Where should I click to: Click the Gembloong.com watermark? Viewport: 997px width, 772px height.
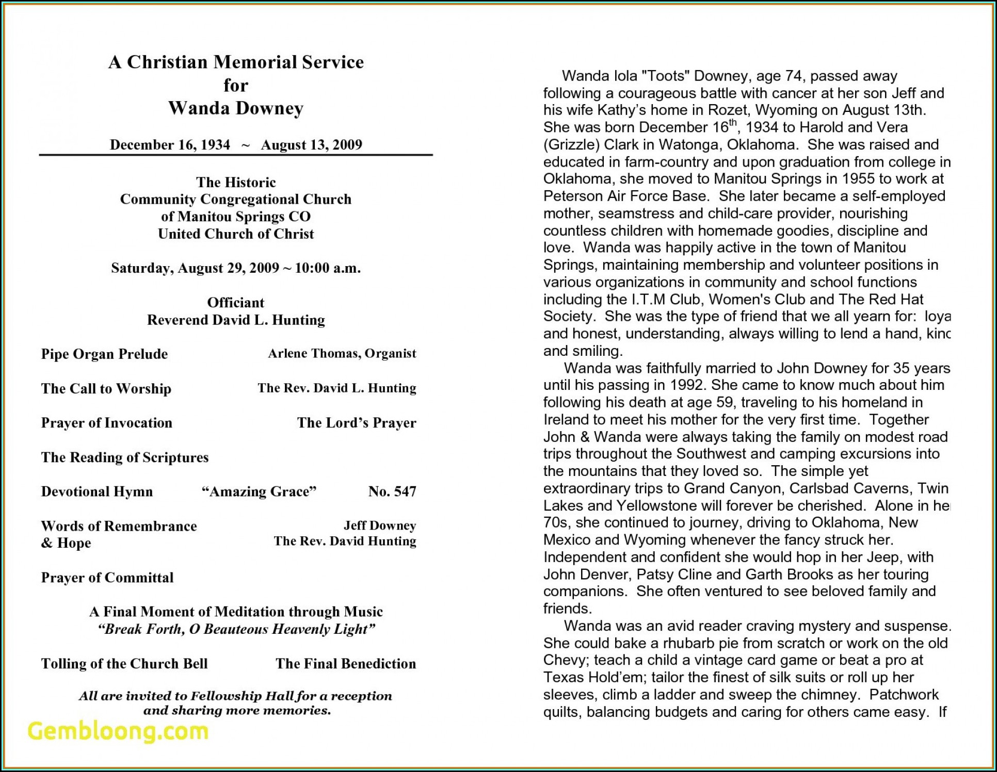tap(118, 731)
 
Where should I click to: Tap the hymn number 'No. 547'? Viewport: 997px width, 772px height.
tap(392, 491)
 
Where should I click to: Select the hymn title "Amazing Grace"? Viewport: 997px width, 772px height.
tap(259, 491)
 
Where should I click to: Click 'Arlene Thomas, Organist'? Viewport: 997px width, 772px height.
tap(342, 353)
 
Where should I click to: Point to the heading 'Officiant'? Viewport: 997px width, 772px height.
tap(235, 302)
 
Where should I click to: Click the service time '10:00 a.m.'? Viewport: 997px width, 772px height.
tap(328, 268)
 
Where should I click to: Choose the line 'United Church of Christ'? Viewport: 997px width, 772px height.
tap(236, 234)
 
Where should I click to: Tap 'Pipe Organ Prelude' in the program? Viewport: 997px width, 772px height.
tap(104, 354)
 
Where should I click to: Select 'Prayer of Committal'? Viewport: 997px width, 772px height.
tap(107, 578)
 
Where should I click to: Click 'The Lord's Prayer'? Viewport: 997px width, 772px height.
tap(356, 423)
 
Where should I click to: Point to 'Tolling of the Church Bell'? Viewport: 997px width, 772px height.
tap(124, 664)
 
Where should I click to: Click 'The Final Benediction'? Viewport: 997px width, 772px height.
tap(345, 664)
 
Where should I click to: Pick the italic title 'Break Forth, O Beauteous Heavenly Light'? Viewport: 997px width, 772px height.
tap(236, 629)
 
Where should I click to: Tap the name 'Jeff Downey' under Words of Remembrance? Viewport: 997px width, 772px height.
tap(380, 525)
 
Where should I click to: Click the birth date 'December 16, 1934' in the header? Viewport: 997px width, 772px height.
tap(170, 144)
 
